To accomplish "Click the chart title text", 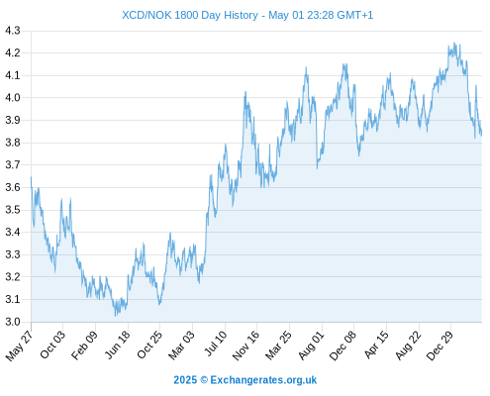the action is (247, 15).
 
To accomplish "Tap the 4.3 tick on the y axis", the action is (13, 31).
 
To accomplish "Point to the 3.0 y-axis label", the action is (13, 322).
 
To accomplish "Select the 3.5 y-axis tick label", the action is (13, 210).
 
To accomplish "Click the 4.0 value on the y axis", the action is (13, 98).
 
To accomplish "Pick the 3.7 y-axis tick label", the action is (13, 164).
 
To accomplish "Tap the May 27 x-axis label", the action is (19, 346).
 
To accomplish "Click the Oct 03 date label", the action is (52, 345).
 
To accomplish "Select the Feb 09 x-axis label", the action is (85, 345).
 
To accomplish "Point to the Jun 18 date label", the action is (118, 345).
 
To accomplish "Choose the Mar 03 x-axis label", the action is (181, 345).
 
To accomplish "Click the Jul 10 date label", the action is (216, 344).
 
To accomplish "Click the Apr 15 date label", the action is (376, 345).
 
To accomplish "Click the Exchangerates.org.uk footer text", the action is (263, 380).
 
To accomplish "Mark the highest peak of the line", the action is (454, 43).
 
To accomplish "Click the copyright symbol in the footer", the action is (204, 380).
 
